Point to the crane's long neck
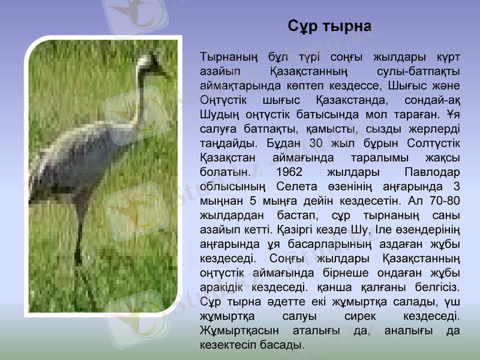point(140,102)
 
